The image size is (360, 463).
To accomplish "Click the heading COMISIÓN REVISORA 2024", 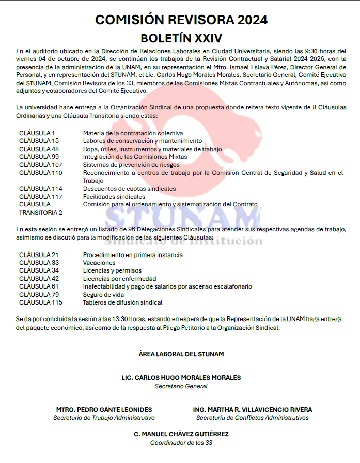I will coord(181,20).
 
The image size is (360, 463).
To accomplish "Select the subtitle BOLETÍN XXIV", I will coord(181,38).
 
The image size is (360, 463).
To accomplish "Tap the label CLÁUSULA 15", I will coord(39,141).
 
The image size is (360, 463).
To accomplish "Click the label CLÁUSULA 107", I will coord(41,165).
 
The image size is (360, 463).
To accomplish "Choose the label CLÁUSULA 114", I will coord(41,189).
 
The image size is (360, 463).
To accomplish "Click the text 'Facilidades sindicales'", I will coord(114,197).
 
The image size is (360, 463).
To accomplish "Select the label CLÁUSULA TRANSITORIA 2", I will coord(40,209).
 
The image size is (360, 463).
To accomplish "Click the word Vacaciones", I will coord(99,263).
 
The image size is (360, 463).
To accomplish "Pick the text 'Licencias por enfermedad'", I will coord(119,279).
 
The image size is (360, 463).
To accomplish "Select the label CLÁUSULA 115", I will coord(41,302).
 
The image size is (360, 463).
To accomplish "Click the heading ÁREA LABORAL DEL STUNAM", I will coord(181,354).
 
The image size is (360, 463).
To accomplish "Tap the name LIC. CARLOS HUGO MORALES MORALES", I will coord(181,378).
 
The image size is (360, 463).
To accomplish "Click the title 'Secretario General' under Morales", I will coord(181,386).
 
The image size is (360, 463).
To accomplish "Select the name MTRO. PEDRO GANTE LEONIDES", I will coord(104,410).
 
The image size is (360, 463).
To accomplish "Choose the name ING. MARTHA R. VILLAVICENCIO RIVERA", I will coord(253,410).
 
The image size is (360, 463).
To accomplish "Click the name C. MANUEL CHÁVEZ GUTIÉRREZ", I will coord(181,434).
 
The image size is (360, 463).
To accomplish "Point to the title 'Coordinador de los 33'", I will coord(181,443).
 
